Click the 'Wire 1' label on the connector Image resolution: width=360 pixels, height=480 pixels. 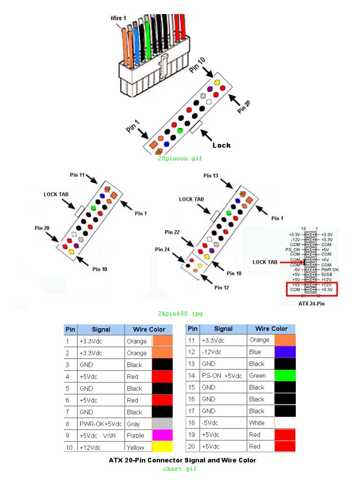coord(118,18)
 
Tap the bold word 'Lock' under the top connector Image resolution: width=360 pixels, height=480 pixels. coord(221,145)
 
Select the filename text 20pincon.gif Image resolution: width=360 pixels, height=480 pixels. coord(180,158)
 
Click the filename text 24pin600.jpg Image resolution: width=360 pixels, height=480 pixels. coord(180,314)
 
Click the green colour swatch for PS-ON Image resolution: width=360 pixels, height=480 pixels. coord(285,375)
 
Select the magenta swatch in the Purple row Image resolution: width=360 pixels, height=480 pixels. coord(162,435)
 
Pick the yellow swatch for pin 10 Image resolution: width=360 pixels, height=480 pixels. coord(162,447)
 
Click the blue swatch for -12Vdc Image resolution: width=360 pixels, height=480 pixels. coord(285,352)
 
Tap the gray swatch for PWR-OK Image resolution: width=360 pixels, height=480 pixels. coord(162,424)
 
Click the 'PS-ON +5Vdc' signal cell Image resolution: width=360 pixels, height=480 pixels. coord(223,375)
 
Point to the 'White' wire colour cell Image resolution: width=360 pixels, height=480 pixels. coord(257,423)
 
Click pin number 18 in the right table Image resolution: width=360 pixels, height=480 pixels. coord(191,423)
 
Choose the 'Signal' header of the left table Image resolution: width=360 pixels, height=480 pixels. coord(101,330)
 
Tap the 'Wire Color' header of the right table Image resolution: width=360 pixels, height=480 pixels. coord(271,329)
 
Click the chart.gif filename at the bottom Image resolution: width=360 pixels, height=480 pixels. coord(180,468)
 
